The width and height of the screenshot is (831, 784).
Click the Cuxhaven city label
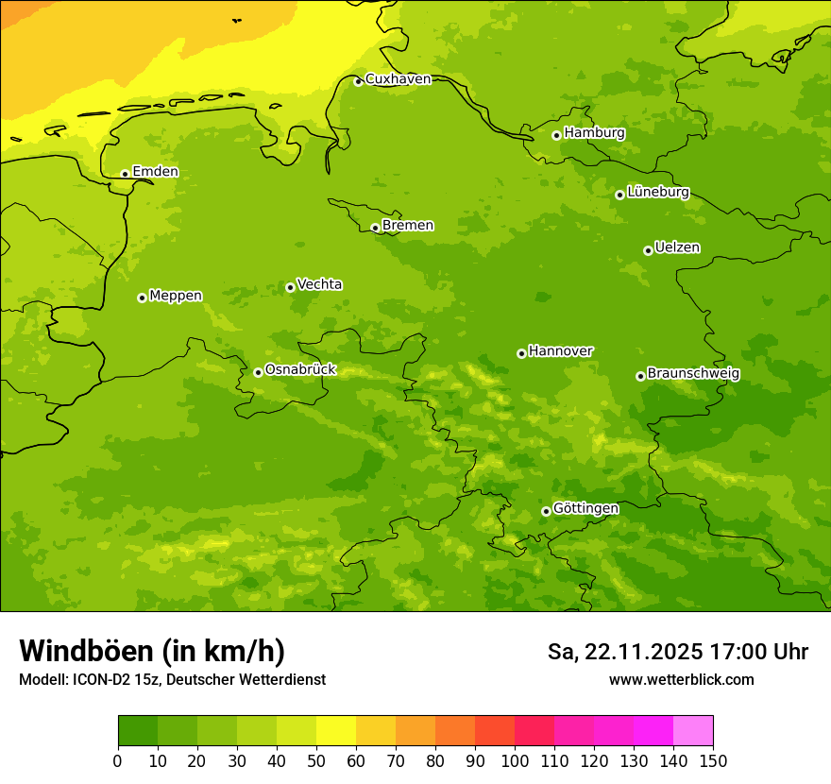[398, 78]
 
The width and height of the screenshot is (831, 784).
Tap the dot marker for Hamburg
[557, 135]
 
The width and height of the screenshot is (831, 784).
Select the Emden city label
[155, 171]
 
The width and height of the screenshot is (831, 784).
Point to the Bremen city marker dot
[375, 228]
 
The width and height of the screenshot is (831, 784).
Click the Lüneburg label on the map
[658, 192]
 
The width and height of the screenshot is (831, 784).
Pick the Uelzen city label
[677, 247]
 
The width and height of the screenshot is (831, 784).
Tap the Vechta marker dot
[290, 287]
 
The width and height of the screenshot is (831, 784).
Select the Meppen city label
[176, 296]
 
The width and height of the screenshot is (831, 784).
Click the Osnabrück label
[300, 369]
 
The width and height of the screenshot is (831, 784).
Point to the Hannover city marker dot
[521, 353]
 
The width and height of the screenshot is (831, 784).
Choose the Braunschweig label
[693, 373]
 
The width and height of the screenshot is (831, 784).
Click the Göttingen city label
[585, 508]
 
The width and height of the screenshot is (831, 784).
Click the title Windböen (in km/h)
[151, 651]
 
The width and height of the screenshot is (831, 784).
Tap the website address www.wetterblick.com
[681, 679]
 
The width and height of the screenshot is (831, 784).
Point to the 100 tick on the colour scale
[515, 760]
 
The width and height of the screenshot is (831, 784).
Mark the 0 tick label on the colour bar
[118, 760]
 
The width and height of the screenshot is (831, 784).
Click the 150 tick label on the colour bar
[713, 760]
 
